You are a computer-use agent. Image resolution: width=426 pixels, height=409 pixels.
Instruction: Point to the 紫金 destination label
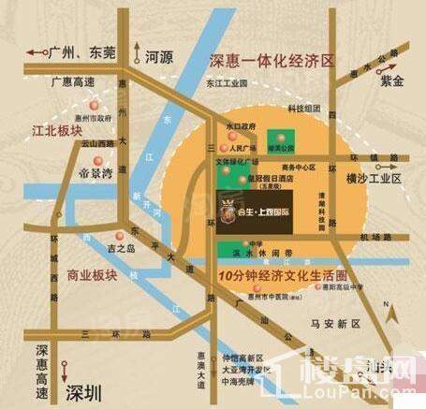point(387,81)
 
